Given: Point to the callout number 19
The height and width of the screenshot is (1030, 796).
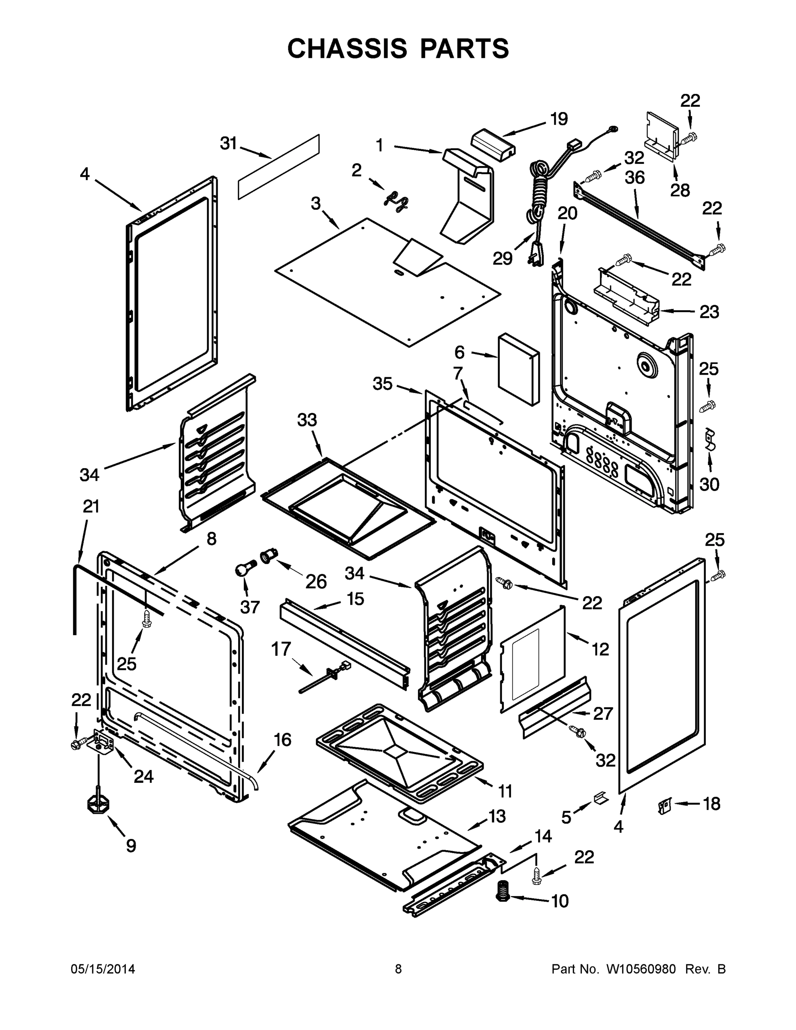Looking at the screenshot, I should [559, 119].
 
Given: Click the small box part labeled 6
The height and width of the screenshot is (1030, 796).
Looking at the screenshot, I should [518, 370].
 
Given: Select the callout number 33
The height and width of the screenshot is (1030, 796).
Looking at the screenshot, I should [307, 420].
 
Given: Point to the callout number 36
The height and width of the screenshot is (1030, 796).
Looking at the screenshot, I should [635, 178].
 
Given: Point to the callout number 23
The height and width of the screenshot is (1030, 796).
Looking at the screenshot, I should [709, 312].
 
